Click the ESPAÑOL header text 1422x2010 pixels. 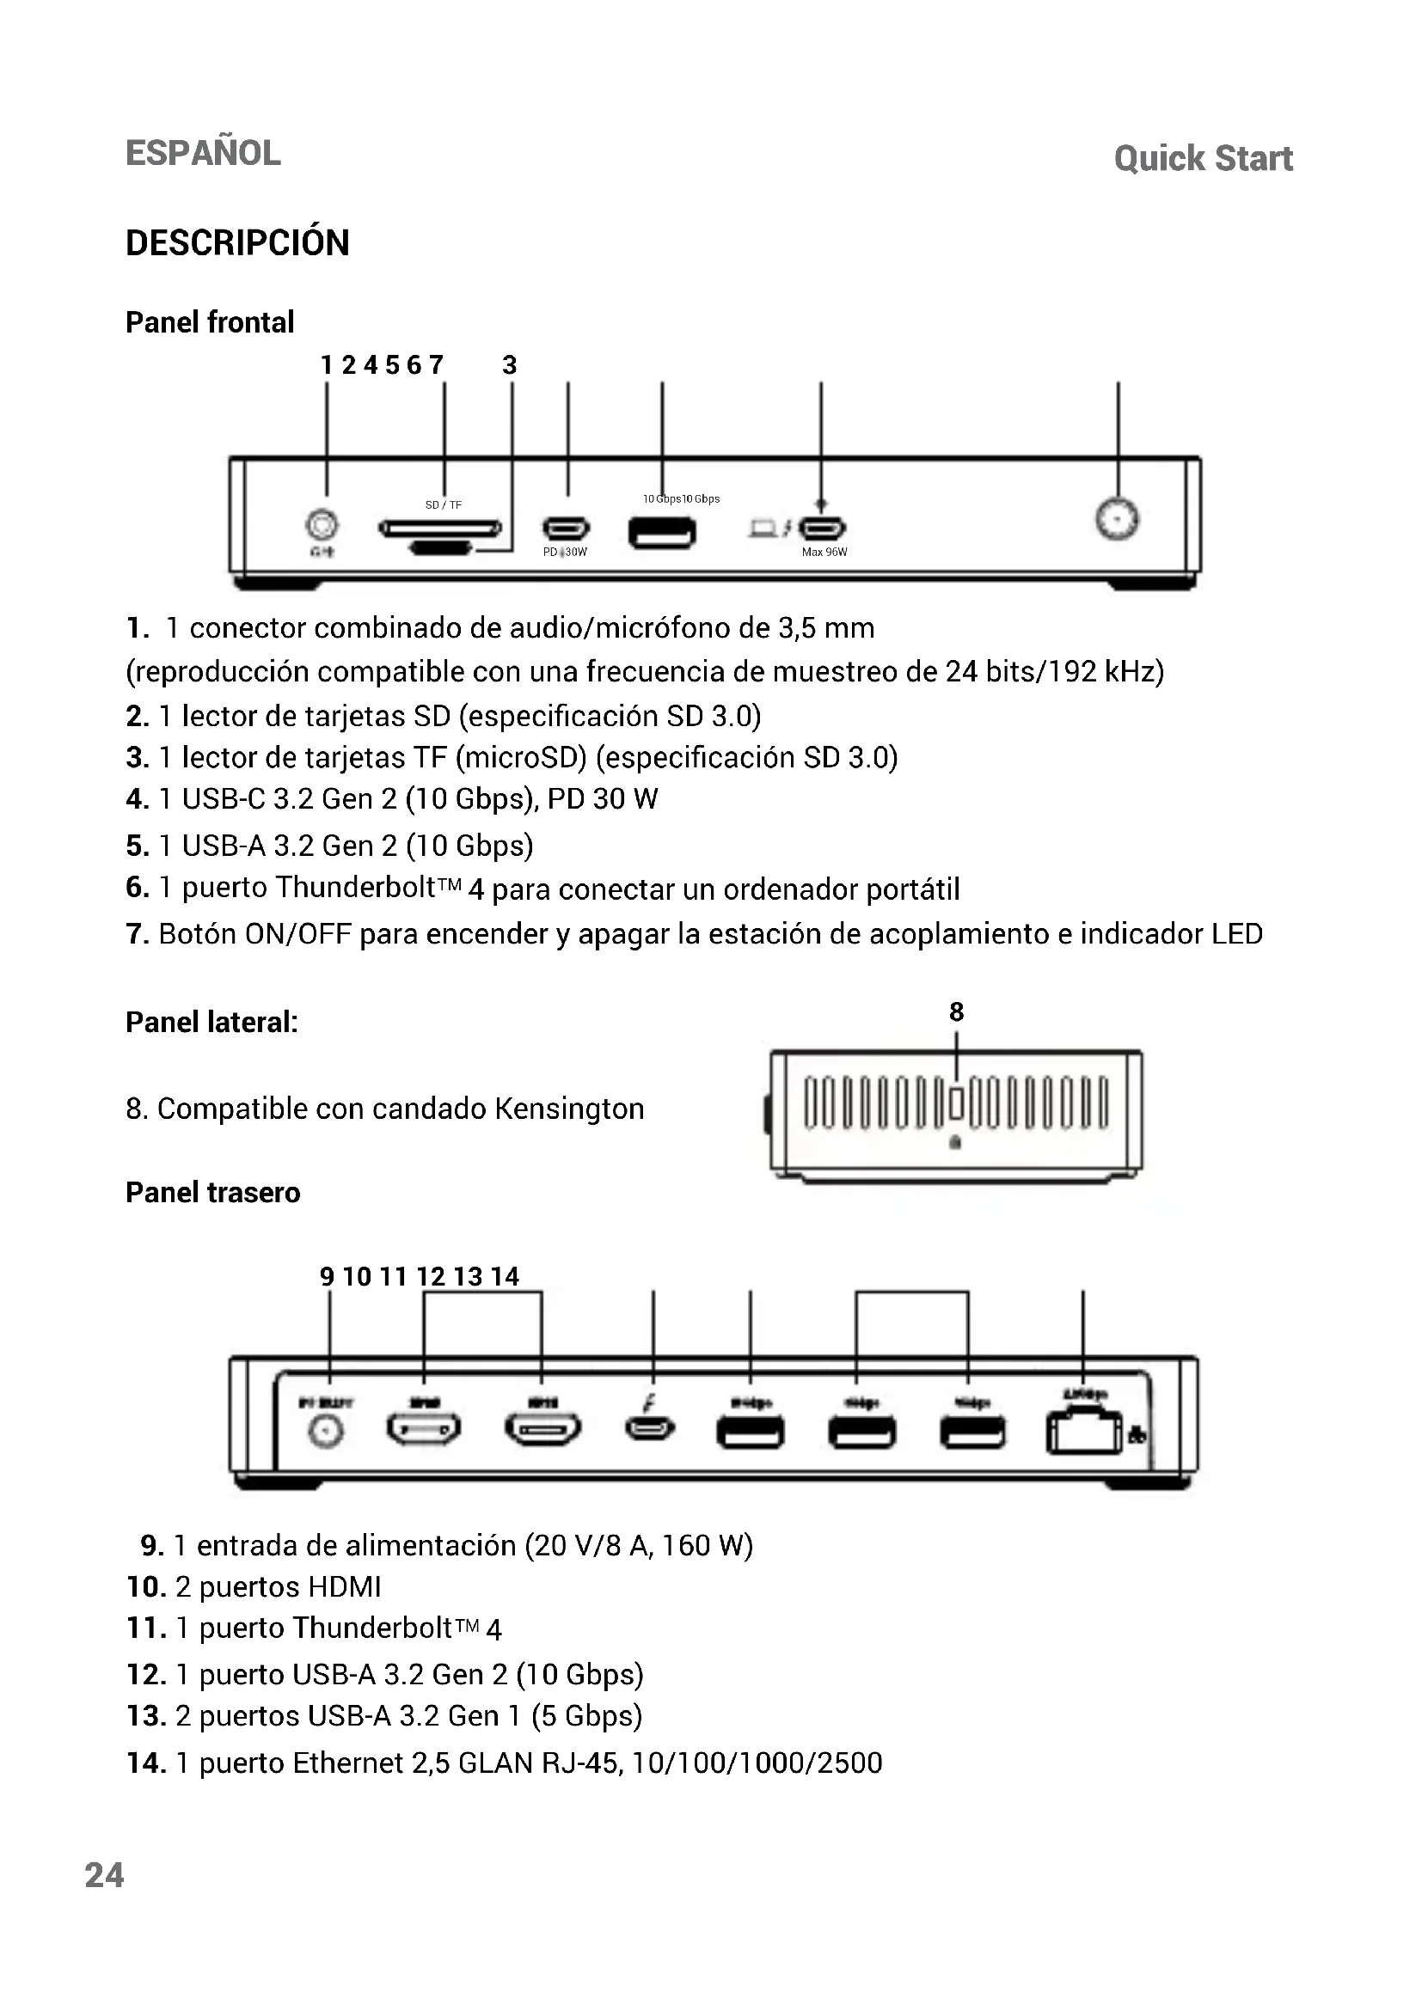tap(203, 153)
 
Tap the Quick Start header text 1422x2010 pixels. tap(1203, 158)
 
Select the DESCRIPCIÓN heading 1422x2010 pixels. tap(237, 242)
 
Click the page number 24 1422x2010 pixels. tap(104, 1875)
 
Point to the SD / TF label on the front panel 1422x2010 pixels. tap(443, 505)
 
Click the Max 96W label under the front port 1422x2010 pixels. tap(824, 552)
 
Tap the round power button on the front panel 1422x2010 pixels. tap(1118, 520)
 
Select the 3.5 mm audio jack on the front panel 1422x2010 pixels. tap(322, 525)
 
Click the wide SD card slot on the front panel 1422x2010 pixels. tap(439, 528)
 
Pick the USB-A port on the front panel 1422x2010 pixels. tap(663, 531)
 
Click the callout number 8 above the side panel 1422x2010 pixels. tap(956, 1012)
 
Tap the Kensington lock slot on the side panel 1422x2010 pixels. tap(956, 1104)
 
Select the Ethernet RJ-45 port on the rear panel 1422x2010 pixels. tap(1083, 1433)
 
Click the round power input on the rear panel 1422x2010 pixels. tap(327, 1432)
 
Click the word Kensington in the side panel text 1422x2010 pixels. tap(569, 1109)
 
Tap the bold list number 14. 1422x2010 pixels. tap(146, 1763)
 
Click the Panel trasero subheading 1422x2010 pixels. tap(212, 1193)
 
